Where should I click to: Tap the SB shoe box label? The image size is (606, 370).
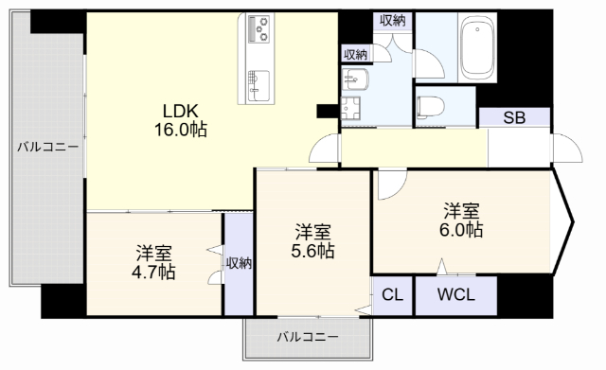(x=514, y=118)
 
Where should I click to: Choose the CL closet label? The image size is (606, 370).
(x=391, y=294)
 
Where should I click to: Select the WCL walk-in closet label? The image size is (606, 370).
(x=455, y=294)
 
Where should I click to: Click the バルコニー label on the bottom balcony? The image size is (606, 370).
(x=306, y=337)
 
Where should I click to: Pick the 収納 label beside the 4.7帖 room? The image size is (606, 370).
(x=240, y=263)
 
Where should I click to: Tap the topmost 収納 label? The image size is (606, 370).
(x=391, y=20)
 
